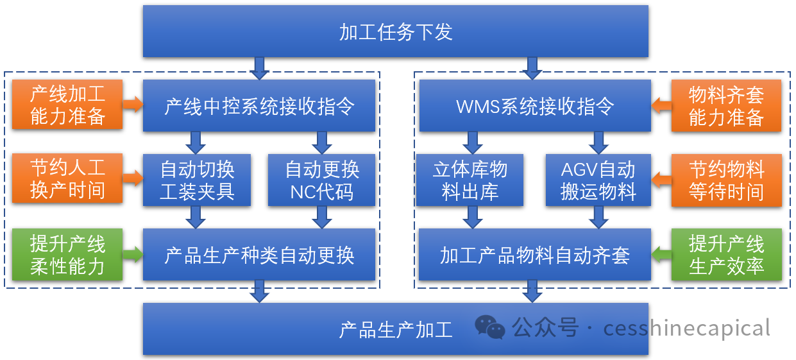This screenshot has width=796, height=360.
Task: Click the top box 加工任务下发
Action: (396, 31)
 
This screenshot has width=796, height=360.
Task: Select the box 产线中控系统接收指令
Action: (259, 105)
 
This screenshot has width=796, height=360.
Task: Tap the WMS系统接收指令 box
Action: (535, 105)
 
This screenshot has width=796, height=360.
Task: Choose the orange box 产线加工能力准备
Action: (67, 105)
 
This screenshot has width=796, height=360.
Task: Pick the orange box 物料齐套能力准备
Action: (726, 105)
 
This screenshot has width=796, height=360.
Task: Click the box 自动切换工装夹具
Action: (197, 180)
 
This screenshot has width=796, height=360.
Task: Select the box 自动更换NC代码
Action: (321, 180)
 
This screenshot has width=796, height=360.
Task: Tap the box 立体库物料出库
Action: (470, 180)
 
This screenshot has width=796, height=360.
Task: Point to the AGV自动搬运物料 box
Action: (598, 180)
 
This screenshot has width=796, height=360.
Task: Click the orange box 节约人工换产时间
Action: (67, 178)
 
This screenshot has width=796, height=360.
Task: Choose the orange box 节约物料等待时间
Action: (727, 180)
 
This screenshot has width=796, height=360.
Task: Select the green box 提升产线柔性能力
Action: (67, 255)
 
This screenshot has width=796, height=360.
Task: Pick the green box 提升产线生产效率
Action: (727, 255)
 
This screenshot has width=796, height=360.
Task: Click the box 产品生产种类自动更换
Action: (259, 255)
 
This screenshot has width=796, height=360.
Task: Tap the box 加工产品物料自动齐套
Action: (535, 255)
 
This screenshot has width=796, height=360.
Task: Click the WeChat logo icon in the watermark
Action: (490, 327)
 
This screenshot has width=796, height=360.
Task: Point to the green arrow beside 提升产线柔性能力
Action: (133, 254)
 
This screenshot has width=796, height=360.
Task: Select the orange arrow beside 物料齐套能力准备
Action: (661, 105)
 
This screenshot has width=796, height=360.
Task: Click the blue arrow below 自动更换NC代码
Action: (322, 218)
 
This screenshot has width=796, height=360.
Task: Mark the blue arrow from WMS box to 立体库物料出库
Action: (473, 143)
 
